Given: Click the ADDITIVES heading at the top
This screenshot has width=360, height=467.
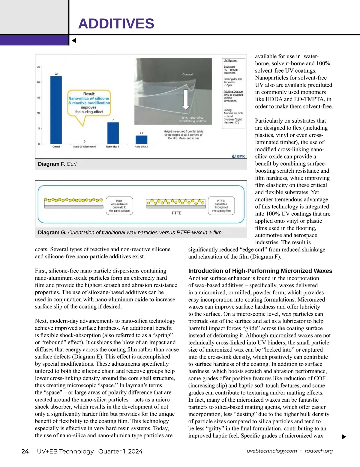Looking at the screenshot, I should pos(116,24).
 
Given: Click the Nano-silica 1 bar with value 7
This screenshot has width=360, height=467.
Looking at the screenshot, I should pos(113,133).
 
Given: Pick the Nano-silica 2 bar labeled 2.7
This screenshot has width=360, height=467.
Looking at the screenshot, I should pos(142,140).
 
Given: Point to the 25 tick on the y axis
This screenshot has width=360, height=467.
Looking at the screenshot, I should pos(38,67).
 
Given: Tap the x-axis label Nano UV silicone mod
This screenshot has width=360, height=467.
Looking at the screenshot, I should pos(84,147).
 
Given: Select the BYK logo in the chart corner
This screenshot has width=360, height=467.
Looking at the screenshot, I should pos(239,156).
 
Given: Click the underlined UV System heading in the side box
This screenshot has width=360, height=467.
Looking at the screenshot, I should pos(230,61).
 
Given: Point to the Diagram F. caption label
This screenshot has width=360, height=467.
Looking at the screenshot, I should pos(51,164).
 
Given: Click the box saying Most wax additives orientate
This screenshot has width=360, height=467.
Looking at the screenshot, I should pos(119,206).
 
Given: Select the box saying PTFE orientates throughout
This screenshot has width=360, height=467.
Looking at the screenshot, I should pos(221,206).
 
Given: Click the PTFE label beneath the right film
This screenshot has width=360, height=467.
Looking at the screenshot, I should pos(176,213).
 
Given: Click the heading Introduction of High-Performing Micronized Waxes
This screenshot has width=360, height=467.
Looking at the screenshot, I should pos(260,271).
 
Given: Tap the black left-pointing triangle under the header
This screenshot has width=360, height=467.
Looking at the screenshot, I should pos(74,40).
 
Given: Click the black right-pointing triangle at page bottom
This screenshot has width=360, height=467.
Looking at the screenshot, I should pos(344,437).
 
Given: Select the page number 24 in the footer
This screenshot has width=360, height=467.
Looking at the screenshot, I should pos(25,451).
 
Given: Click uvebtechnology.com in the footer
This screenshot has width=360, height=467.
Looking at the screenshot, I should pos(272,451).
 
